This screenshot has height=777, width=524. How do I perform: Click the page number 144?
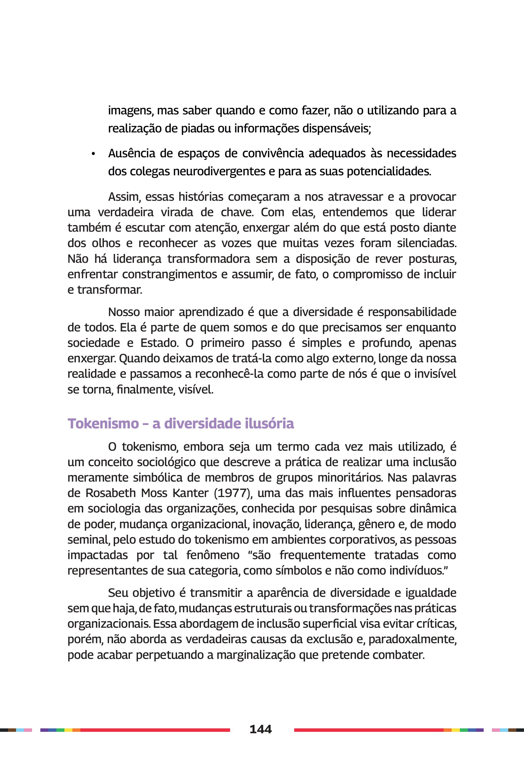pyautogui.click(x=261, y=729)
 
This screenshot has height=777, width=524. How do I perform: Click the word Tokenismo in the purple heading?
pyautogui.click(x=103, y=424)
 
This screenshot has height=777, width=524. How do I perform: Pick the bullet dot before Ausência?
pyautogui.click(x=93, y=154)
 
